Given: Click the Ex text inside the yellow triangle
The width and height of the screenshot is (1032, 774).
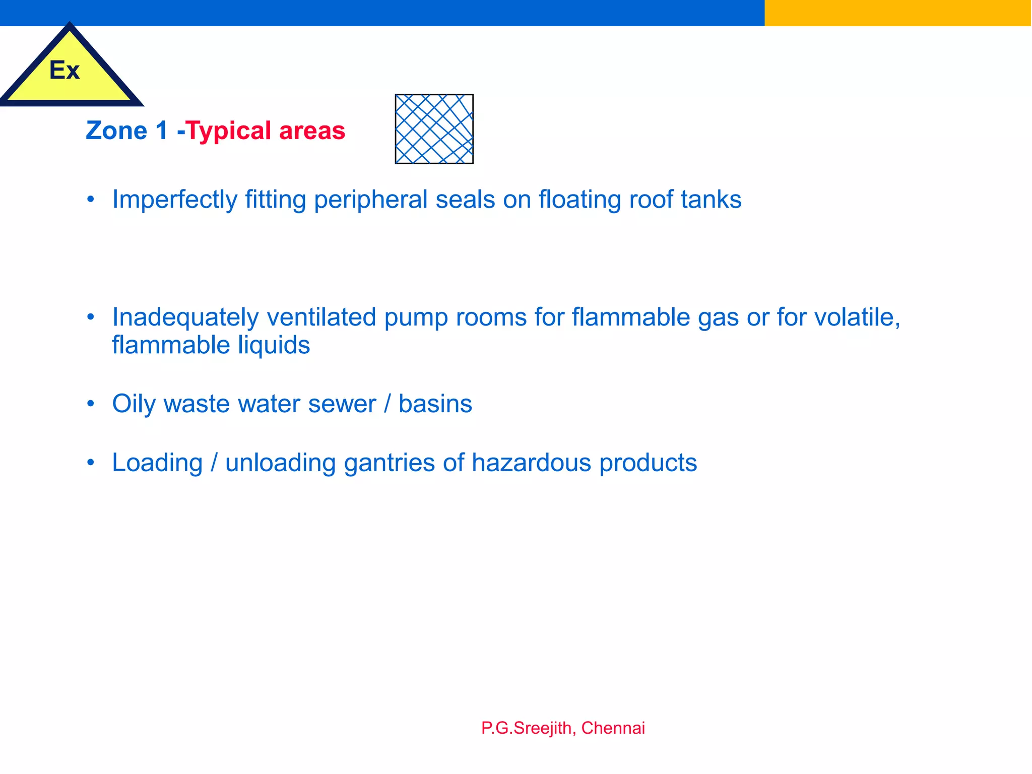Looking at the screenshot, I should tap(64, 71).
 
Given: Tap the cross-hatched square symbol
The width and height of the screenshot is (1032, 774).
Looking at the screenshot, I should tap(434, 129).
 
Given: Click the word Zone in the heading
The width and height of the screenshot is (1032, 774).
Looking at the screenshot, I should tap(116, 131).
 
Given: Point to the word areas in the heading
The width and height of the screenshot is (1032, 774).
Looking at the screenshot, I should tap(312, 131).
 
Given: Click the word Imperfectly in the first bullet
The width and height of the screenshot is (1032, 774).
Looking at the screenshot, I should tap(174, 200).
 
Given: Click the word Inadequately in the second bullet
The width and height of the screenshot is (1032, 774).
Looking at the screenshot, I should tap(185, 317).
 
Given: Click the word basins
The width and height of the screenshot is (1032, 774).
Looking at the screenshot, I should tap(435, 404).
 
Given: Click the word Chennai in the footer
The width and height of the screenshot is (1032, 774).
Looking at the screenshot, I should tap(613, 728).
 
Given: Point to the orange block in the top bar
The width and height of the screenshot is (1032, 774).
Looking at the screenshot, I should tap(897, 13).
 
